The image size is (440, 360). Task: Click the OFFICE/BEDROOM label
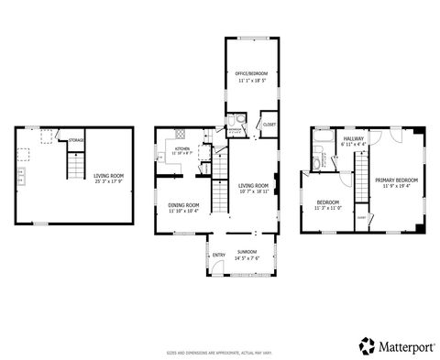pos(249,73)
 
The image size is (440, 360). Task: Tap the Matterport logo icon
pos(366,344)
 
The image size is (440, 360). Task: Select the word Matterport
pos(403,345)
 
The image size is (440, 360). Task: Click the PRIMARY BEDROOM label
pos(396,180)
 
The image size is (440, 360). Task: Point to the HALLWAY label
pos(353,138)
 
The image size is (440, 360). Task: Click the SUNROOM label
pos(247,251)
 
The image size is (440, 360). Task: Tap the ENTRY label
pos(219,255)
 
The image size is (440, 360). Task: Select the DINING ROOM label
pos(183,205)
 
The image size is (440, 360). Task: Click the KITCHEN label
pos(182,147)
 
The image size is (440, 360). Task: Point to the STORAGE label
pos(77,140)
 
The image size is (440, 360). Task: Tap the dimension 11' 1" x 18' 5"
pos(249,81)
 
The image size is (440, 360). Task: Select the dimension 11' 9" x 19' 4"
pos(396,186)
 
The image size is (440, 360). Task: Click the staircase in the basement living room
pos(71,167)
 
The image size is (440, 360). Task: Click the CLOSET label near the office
pos(269,124)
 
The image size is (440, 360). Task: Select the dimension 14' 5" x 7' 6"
pos(247,257)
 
